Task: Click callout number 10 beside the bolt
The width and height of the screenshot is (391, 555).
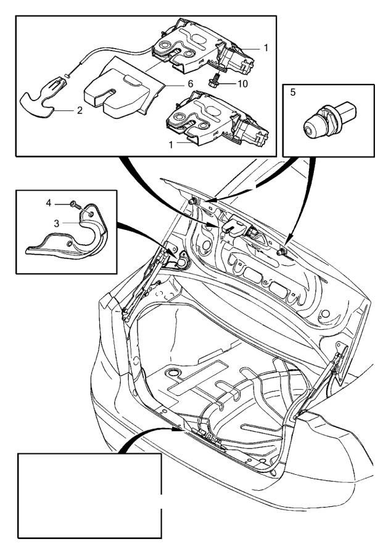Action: coord(243,84)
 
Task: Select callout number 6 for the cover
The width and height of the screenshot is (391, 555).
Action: coord(191,84)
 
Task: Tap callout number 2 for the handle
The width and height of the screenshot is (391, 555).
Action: coord(80,110)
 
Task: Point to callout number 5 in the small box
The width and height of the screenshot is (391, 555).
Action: coord(292,92)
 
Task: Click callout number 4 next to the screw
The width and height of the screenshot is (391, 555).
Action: coord(49,203)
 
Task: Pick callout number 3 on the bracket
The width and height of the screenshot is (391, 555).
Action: coord(57,224)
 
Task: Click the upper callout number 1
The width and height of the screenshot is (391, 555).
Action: coord(266,47)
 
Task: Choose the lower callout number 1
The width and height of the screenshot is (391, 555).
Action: coord(171,145)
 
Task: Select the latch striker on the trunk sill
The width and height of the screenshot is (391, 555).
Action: coord(209,438)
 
